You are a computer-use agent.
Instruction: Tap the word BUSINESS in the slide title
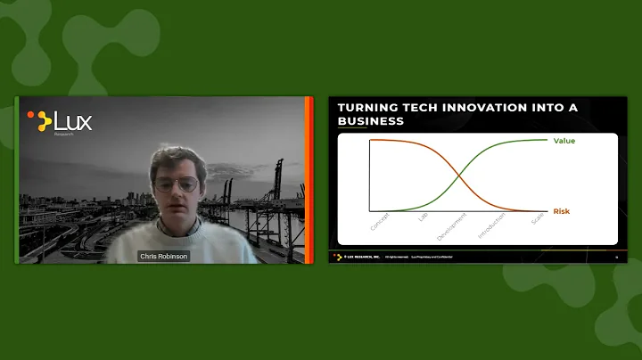point(371,122)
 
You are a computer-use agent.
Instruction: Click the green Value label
point(564,141)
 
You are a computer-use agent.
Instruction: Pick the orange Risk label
point(561,211)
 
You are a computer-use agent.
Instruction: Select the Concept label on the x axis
point(380,223)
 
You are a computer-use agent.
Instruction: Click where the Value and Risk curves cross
point(464,176)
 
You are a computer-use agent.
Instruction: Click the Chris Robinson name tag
point(163,256)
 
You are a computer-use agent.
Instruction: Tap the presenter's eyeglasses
point(177,185)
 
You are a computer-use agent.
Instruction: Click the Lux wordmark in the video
point(73,120)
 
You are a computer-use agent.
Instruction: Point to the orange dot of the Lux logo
point(31,115)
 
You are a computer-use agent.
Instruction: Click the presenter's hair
point(175,159)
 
